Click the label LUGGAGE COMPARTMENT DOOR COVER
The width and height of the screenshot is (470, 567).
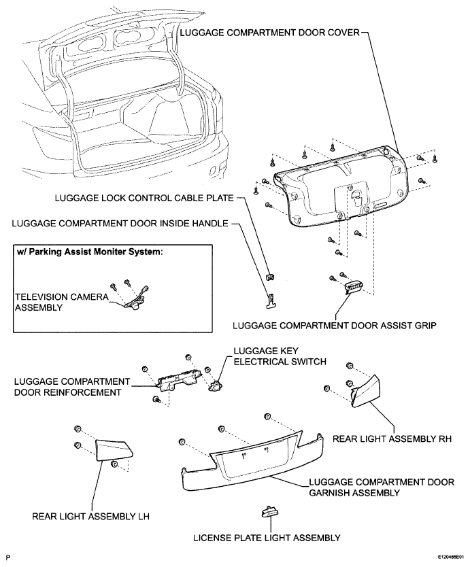[x=270, y=33]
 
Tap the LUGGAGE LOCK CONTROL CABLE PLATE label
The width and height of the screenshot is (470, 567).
[x=144, y=198]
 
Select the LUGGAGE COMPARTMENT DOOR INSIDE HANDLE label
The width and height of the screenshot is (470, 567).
[x=120, y=224]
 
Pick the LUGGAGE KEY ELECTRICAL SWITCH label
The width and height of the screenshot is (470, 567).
[x=280, y=356]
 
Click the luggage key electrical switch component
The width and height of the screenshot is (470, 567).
[x=216, y=385]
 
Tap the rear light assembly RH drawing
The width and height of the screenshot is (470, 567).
[x=366, y=391]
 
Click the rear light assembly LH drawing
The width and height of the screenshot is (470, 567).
[x=113, y=449]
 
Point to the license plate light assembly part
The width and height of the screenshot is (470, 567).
[x=269, y=512]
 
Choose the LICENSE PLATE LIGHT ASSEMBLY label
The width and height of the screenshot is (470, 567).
[x=267, y=538]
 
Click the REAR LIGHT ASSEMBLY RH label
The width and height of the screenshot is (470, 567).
[x=392, y=439]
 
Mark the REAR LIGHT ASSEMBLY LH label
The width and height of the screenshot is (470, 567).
[x=91, y=516]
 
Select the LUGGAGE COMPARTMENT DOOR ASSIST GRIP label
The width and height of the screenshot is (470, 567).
[x=335, y=326]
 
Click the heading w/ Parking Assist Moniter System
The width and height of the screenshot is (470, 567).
[x=90, y=252]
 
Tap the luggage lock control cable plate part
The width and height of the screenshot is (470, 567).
[x=269, y=277]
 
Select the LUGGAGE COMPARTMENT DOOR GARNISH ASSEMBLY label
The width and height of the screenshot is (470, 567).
[x=382, y=487]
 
